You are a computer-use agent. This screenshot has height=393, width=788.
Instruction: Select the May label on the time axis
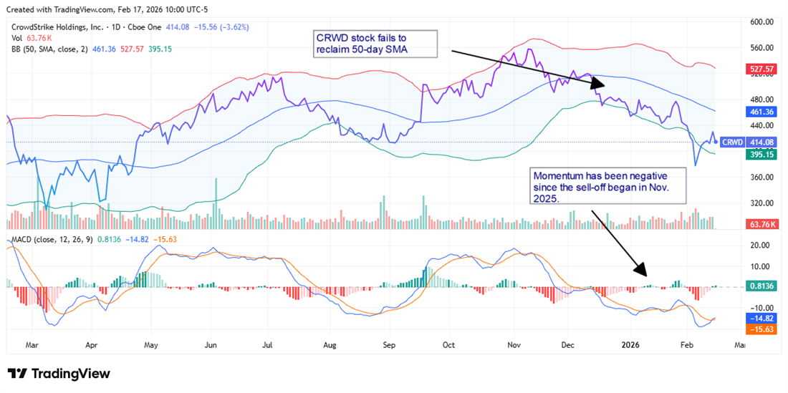151,344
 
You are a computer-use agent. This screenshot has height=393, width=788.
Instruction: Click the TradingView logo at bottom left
59,374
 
